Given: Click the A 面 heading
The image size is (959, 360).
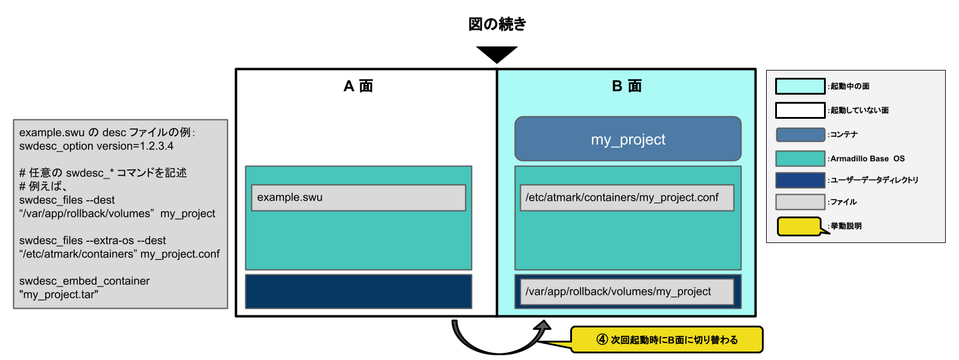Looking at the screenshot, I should point(358,86).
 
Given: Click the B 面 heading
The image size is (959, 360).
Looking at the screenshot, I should point(627,86).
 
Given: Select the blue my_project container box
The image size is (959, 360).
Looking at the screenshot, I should point(627,139).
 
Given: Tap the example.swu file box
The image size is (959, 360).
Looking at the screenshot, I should point(358,198).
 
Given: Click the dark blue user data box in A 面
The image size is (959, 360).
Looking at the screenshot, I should point(358,292).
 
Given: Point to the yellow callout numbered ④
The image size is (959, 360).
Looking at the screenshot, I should point(667,339).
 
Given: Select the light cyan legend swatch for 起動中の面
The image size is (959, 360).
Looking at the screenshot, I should point(800,86).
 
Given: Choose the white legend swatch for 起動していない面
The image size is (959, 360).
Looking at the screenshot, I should point(800,110).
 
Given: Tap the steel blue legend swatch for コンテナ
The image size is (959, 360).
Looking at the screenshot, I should point(800,134).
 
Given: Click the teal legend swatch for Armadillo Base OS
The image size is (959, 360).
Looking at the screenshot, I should point(800,159).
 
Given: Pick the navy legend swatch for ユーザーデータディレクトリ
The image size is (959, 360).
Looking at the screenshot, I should point(800,180).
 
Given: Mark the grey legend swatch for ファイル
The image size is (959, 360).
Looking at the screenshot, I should point(800,202).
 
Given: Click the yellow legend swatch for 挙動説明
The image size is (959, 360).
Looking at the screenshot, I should point(799,226).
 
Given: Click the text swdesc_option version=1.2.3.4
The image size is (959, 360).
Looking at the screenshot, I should point(96,146).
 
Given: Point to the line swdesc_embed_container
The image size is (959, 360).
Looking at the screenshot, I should point(84,281).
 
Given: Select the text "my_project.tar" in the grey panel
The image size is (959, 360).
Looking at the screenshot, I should point(58,295).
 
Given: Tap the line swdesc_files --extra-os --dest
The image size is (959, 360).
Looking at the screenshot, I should point(92,241).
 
